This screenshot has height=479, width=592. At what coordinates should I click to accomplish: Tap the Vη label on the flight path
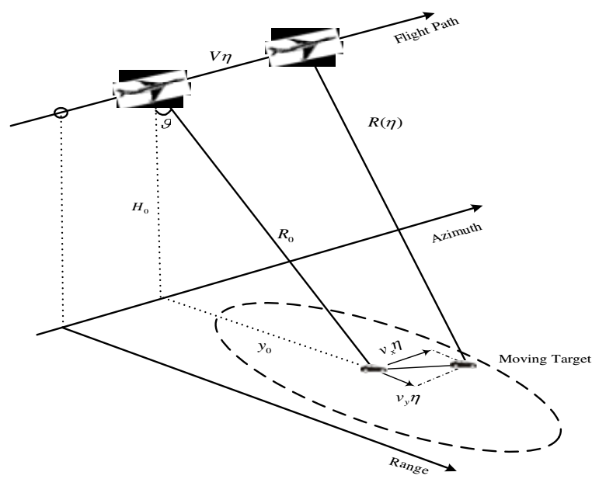[221, 56]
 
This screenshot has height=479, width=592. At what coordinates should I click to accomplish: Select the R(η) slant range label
[385, 123]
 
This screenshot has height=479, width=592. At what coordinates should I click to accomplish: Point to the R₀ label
[285, 235]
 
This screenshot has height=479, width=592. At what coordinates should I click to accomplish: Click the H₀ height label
[140, 207]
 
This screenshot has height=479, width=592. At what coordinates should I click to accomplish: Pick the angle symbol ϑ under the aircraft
[166, 123]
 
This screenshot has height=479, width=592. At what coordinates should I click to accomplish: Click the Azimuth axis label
[457, 233]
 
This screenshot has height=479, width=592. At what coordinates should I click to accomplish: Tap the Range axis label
[409, 466]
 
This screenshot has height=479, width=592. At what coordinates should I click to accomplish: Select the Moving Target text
[545, 359]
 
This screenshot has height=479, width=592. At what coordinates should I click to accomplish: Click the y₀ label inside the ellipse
[264, 347]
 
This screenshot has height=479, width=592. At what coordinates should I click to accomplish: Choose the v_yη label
[408, 399]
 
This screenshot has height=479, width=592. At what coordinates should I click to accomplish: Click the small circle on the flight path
[61, 113]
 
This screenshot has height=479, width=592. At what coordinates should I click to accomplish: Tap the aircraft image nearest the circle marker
[151, 89]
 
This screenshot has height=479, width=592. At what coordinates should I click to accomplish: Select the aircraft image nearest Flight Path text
[305, 47]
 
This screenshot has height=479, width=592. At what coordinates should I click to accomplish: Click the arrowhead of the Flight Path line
[430, 16]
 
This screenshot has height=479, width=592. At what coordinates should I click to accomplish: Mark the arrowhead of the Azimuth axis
[477, 207]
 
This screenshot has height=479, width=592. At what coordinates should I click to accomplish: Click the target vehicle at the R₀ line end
[374, 369]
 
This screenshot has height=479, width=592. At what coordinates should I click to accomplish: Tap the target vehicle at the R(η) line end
[463, 365]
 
